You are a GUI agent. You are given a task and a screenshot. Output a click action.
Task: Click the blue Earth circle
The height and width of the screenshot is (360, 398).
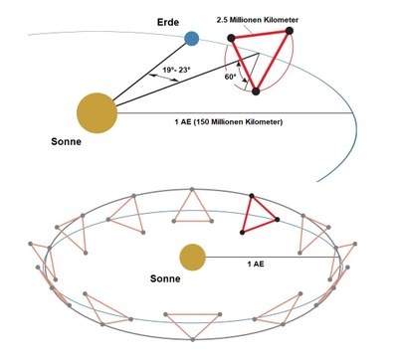192,39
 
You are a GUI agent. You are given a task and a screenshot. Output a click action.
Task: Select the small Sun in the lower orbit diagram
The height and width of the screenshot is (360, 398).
192,258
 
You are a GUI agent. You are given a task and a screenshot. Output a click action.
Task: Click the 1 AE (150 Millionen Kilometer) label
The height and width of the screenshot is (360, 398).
229,121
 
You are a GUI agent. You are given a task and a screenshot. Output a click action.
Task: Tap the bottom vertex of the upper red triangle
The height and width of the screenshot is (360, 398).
257,91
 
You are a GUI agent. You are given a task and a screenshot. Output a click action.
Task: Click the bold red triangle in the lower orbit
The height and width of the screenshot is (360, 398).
261,212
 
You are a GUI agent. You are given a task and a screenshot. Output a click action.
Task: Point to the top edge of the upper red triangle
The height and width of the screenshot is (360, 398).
263,36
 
